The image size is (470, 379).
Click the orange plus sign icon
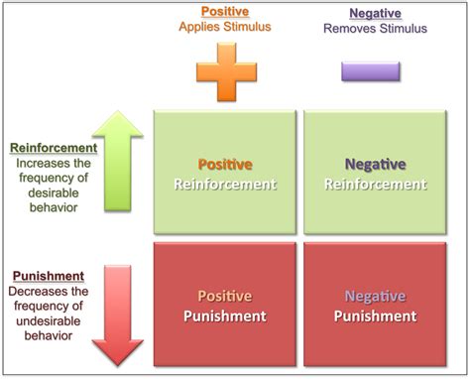click(224, 70)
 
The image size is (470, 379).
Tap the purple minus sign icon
click(371, 71)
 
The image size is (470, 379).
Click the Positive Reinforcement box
click(225, 174)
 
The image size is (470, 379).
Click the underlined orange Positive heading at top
click(225, 13)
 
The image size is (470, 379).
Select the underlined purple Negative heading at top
click(376, 13)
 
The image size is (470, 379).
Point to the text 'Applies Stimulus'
click(225, 28)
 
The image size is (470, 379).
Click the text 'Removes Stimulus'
click(376, 29)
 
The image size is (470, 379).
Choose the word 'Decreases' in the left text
click(37, 292)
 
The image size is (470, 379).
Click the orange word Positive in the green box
click(225, 164)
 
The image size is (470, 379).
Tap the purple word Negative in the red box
click(375, 296)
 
